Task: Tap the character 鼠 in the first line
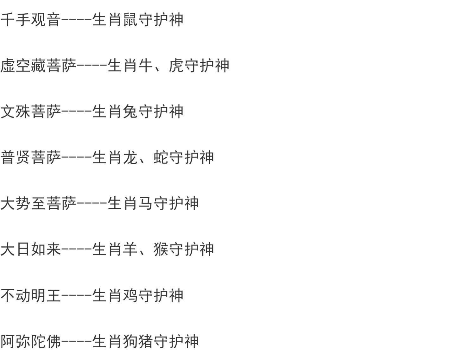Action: point(130,20)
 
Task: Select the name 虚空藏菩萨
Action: point(38,66)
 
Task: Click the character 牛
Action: point(146,66)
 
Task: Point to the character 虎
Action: point(176,66)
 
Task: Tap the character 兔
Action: point(130,111)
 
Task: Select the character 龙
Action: point(130,157)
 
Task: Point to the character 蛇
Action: point(161,157)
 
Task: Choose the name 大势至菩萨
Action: point(38,203)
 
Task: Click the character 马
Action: point(146,203)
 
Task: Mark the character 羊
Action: point(130,249)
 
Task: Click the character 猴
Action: point(161,249)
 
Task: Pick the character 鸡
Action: point(130,295)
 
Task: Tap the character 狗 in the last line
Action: point(130,341)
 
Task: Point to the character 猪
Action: point(146,341)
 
